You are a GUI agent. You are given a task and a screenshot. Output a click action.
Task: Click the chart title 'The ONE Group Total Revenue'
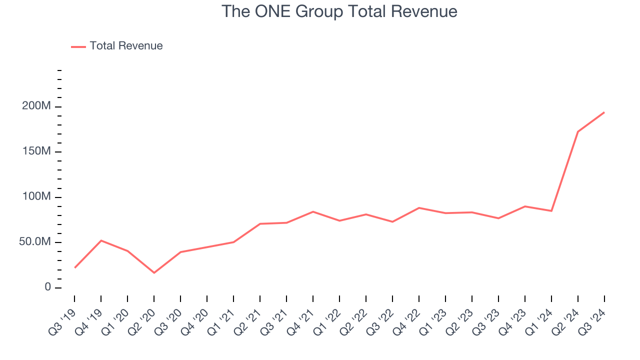(x=339, y=11)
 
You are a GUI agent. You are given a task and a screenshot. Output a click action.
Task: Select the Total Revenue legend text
(x=126, y=46)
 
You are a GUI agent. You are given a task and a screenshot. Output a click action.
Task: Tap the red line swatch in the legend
(x=78, y=46)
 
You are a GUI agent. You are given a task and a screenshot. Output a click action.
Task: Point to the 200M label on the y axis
(x=36, y=106)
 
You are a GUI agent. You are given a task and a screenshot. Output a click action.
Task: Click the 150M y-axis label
(x=36, y=151)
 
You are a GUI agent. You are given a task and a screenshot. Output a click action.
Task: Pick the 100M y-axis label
(x=36, y=197)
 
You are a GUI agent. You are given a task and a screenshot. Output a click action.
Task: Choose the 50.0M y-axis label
(x=34, y=242)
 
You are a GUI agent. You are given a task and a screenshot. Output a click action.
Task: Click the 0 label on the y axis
(x=47, y=287)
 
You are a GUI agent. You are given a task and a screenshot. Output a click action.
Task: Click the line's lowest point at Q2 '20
(x=154, y=272)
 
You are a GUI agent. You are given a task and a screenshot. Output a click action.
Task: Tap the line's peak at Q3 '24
(x=604, y=112)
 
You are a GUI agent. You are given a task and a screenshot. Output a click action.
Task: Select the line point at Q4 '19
(x=101, y=240)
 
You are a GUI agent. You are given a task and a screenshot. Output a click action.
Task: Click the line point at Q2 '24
(x=577, y=132)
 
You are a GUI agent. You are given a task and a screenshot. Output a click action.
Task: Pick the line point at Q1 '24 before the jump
(x=551, y=211)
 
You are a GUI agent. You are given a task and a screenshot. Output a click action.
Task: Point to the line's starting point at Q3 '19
(x=74, y=267)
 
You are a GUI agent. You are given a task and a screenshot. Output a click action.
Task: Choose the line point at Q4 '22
(x=418, y=208)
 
